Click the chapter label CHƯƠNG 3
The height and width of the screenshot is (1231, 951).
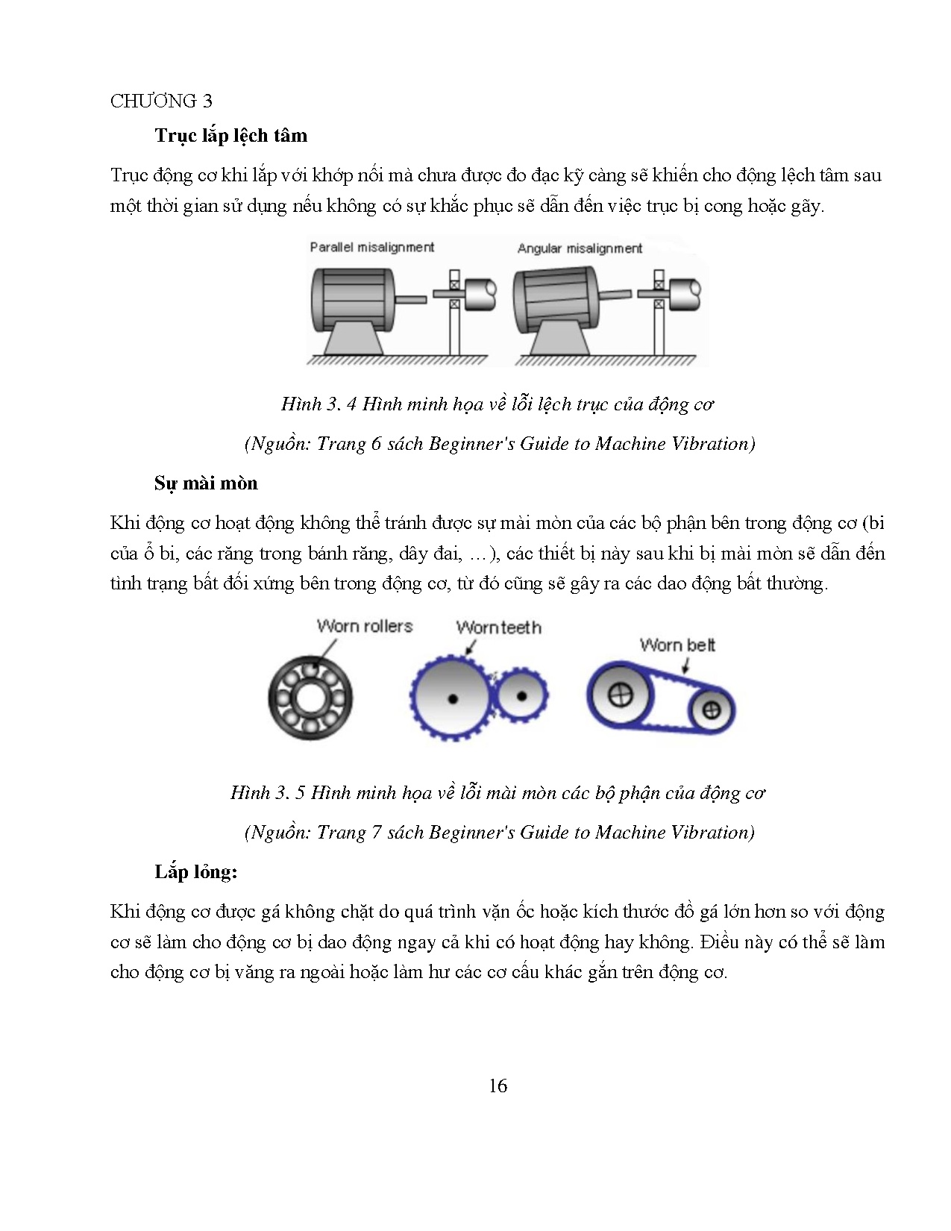click(x=161, y=101)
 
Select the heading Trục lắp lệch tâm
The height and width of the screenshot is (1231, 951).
click(x=231, y=136)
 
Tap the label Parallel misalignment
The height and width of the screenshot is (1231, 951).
click(x=371, y=247)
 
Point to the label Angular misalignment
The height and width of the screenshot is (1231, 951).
click(x=580, y=248)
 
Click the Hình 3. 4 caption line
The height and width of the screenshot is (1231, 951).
click(x=498, y=404)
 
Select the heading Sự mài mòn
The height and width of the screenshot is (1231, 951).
click(x=206, y=483)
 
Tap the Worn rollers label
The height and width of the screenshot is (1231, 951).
click(x=364, y=626)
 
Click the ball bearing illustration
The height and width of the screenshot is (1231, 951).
click(x=310, y=698)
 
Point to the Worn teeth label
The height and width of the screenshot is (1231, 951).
click(x=498, y=627)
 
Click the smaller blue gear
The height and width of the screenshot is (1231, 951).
click(x=521, y=696)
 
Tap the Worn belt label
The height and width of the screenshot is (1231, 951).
click(x=677, y=645)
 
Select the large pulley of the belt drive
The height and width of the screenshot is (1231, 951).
click(x=621, y=695)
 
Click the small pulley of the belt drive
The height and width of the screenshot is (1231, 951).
click(x=711, y=710)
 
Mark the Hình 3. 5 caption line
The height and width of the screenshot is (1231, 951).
click(x=498, y=793)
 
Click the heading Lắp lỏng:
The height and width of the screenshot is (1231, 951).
click(x=196, y=872)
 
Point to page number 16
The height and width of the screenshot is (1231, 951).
click(x=498, y=1086)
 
